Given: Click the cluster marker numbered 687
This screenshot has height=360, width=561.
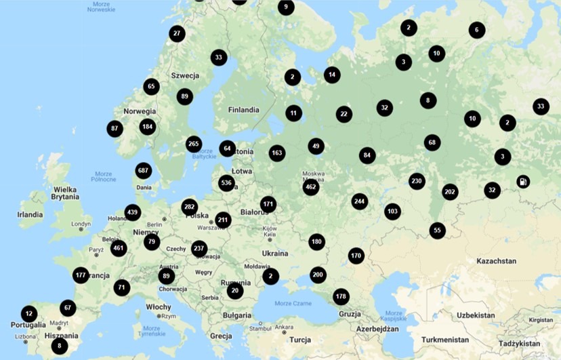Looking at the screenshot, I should [x=143, y=170].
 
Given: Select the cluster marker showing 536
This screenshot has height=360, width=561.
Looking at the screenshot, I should [x=227, y=183].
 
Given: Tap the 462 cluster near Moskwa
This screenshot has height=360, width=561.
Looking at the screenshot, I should [x=311, y=187].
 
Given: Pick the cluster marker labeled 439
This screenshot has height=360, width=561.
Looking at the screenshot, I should [x=133, y=212].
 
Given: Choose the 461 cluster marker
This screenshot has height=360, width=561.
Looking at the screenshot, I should [x=119, y=248].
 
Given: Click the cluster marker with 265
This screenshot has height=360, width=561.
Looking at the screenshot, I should [x=194, y=144].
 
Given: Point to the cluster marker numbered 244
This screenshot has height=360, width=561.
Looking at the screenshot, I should [x=359, y=201].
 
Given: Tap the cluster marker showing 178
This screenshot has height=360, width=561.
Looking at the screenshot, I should [x=341, y=297].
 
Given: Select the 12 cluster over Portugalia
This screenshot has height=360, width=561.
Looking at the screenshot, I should [x=28, y=314].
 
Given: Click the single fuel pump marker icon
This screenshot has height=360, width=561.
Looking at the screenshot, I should [x=523, y=181].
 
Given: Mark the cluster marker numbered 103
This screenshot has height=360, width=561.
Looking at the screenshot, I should [x=392, y=211].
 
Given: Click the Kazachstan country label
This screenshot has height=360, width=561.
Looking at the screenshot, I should [x=497, y=261].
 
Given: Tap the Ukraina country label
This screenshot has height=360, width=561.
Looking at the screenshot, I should [x=275, y=254].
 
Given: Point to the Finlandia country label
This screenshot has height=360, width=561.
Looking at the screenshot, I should [x=244, y=110].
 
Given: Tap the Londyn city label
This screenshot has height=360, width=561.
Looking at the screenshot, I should [x=81, y=224].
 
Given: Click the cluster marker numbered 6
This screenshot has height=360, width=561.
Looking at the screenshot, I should [x=477, y=30].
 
